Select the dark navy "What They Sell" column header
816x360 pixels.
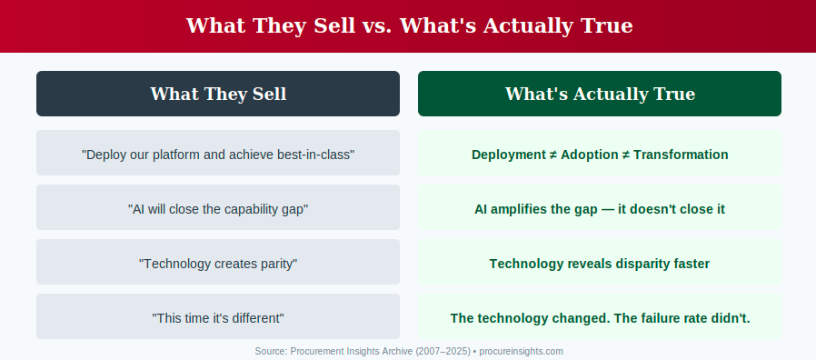(x=218, y=94)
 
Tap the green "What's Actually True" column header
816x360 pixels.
(x=600, y=94)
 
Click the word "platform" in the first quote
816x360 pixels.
(x=174, y=155)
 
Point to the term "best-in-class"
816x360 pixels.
(x=320, y=155)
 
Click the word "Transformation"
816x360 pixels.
(x=681, y=155)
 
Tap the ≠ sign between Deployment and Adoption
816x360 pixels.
(x=552, y=155)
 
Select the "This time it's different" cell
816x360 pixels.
(x=218, y=316)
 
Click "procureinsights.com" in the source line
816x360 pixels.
(x=521, y=351)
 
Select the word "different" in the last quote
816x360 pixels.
(x=260, y=318)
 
